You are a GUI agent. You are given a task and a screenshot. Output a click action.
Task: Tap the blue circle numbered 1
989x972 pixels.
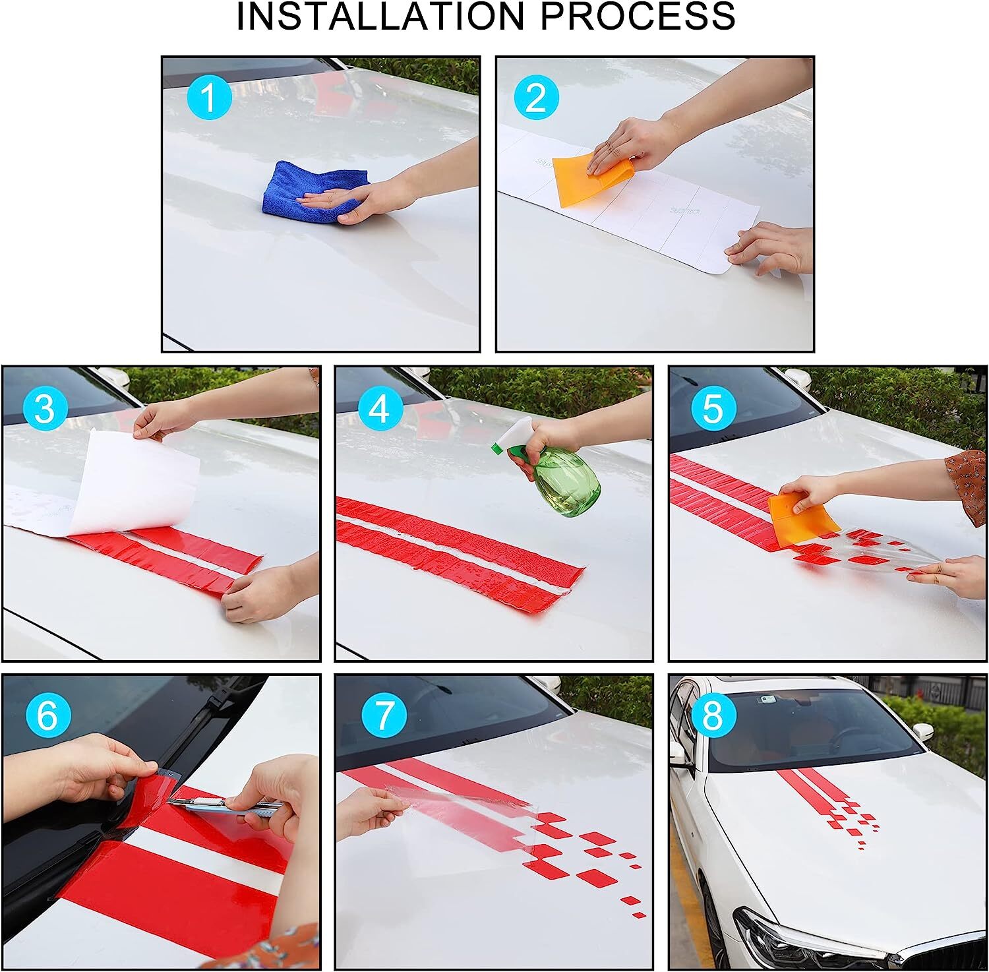[x=209, y=99]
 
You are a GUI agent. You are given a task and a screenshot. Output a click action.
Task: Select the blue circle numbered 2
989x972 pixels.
[x=536, y=99]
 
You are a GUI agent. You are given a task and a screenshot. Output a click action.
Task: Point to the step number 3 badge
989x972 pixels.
[x=44, y=409]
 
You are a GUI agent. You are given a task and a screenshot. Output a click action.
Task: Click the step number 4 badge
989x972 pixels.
[x=379, y=409]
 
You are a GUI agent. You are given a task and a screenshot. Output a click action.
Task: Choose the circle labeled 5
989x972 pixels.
[x=713, y=409]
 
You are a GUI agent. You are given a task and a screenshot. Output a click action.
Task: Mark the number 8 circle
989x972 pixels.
[x=713, y=716]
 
